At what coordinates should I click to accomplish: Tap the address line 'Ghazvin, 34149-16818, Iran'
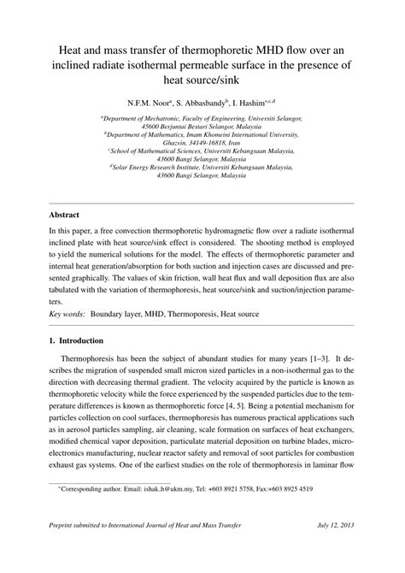202,143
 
